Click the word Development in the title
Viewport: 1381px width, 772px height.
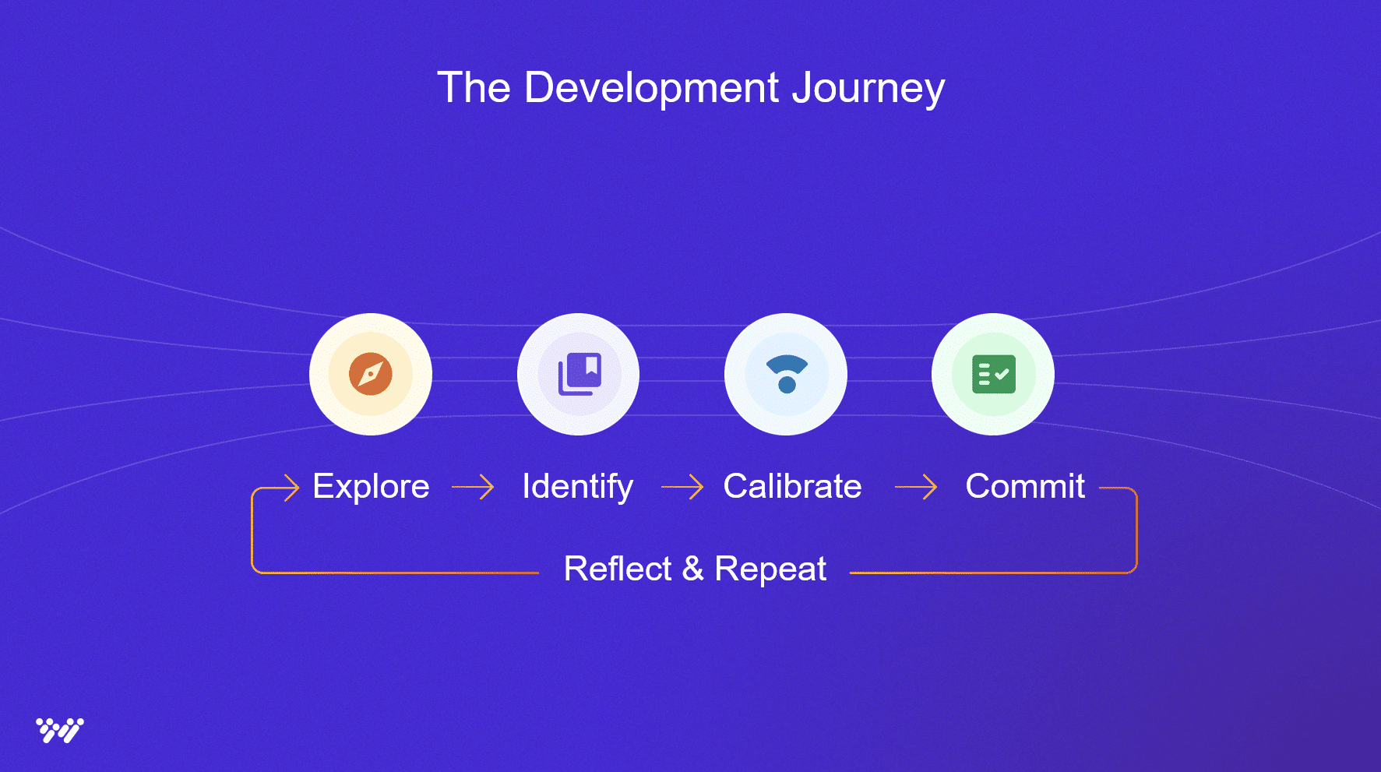click(x=651, y=87)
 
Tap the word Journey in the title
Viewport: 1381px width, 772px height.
click(x=868, y=89)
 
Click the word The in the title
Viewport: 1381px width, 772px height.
click(x=474, y=87)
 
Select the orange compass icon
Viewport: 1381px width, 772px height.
click(x=371, y=374)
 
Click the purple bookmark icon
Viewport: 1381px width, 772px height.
click(x=579, y=374)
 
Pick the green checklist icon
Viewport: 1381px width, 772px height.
click(x=993, y=374)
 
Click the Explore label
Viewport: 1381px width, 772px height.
click(x=371, y=486)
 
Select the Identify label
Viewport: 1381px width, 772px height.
click(x=577, y=486)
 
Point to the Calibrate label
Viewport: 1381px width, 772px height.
click(x=792, y=486)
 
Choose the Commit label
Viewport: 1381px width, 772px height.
click(x=1024, y=486)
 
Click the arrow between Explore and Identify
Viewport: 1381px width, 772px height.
click(x=474, y=488)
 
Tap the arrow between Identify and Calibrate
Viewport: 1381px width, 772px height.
click(x=682, y=488)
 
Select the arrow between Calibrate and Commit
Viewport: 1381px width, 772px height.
click(x=916, y=488)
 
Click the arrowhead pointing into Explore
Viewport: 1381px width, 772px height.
click(x=291, y=488)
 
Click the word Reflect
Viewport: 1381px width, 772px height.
click(x=617, y=569)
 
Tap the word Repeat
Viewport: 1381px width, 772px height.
click(x=770, y=569)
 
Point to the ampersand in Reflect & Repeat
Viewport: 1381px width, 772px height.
click(x=692, y=569)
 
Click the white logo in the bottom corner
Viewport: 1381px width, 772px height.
click(x=60, y=730)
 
